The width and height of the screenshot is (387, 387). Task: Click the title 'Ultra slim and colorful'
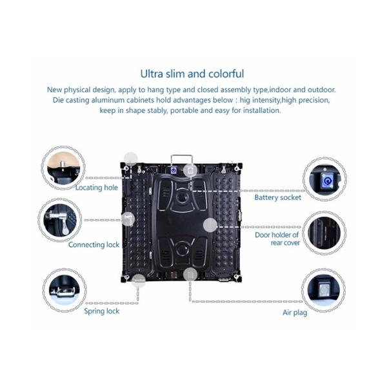click(x=193, y=74)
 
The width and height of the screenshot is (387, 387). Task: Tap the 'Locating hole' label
click(x=97, y=188)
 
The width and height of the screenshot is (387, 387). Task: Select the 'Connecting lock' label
click(x=95, y=245)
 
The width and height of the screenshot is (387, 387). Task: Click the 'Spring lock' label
click(x=101, y=312)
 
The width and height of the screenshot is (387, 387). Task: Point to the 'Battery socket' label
click(x=277, y=197)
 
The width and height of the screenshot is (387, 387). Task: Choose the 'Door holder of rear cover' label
click(x=277, y=239)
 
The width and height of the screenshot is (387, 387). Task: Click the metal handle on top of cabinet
click(x=183, y=159)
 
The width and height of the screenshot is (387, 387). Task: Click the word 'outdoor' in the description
click(x=321, y=89)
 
